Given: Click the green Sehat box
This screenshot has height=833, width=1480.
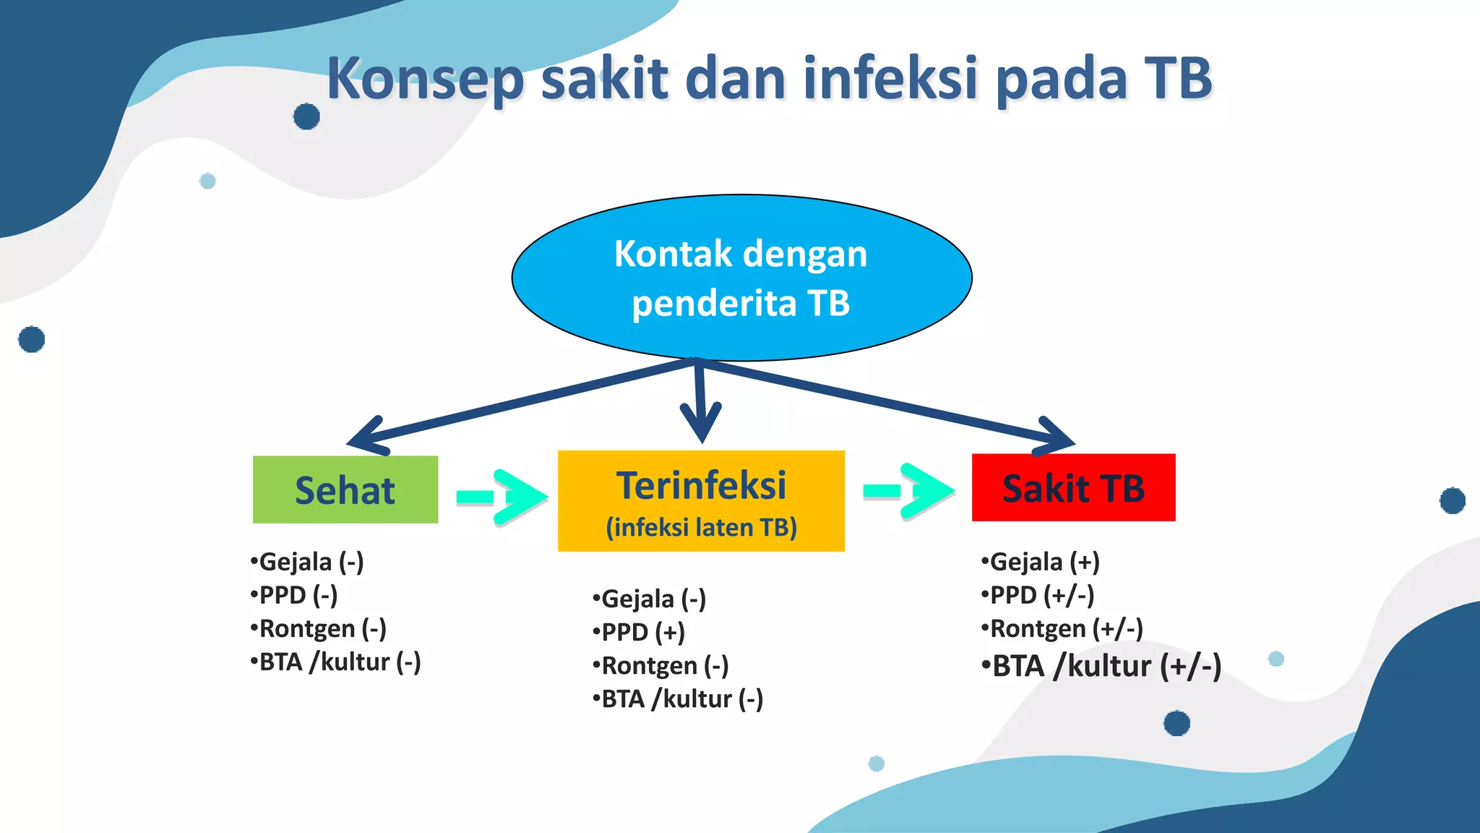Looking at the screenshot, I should point(345,490).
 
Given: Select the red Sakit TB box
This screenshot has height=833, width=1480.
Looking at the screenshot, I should point(1073,487).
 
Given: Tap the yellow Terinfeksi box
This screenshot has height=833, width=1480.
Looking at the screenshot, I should point(701,500).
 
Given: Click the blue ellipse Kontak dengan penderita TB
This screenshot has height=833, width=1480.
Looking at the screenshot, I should point(741,278).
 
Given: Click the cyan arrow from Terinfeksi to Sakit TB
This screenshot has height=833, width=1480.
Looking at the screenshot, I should point(910,491).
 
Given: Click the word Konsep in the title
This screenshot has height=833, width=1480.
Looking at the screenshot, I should point(425,80).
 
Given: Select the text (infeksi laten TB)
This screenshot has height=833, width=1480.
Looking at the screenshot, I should point(701,527).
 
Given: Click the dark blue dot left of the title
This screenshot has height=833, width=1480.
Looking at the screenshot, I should point(306,116).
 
